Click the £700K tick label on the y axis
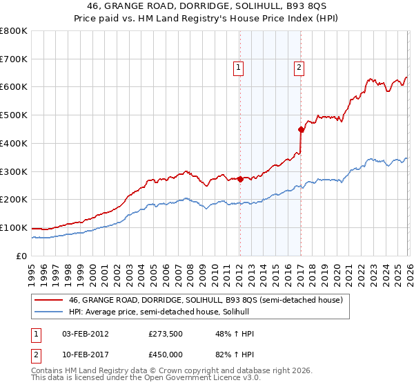[x=14, y=59]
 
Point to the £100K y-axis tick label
[x=14, y=227]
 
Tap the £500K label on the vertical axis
[x=14, y=115]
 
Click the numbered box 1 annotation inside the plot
[x=238, y=68]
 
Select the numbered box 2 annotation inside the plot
[x=299, y=68]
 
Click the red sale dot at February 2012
[x=239, y=179]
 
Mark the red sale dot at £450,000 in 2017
[x=301, y=129]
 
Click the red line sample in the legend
[x=48, y=301]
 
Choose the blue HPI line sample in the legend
[x=48, y=312]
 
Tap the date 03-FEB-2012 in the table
[x=86, y=333]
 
